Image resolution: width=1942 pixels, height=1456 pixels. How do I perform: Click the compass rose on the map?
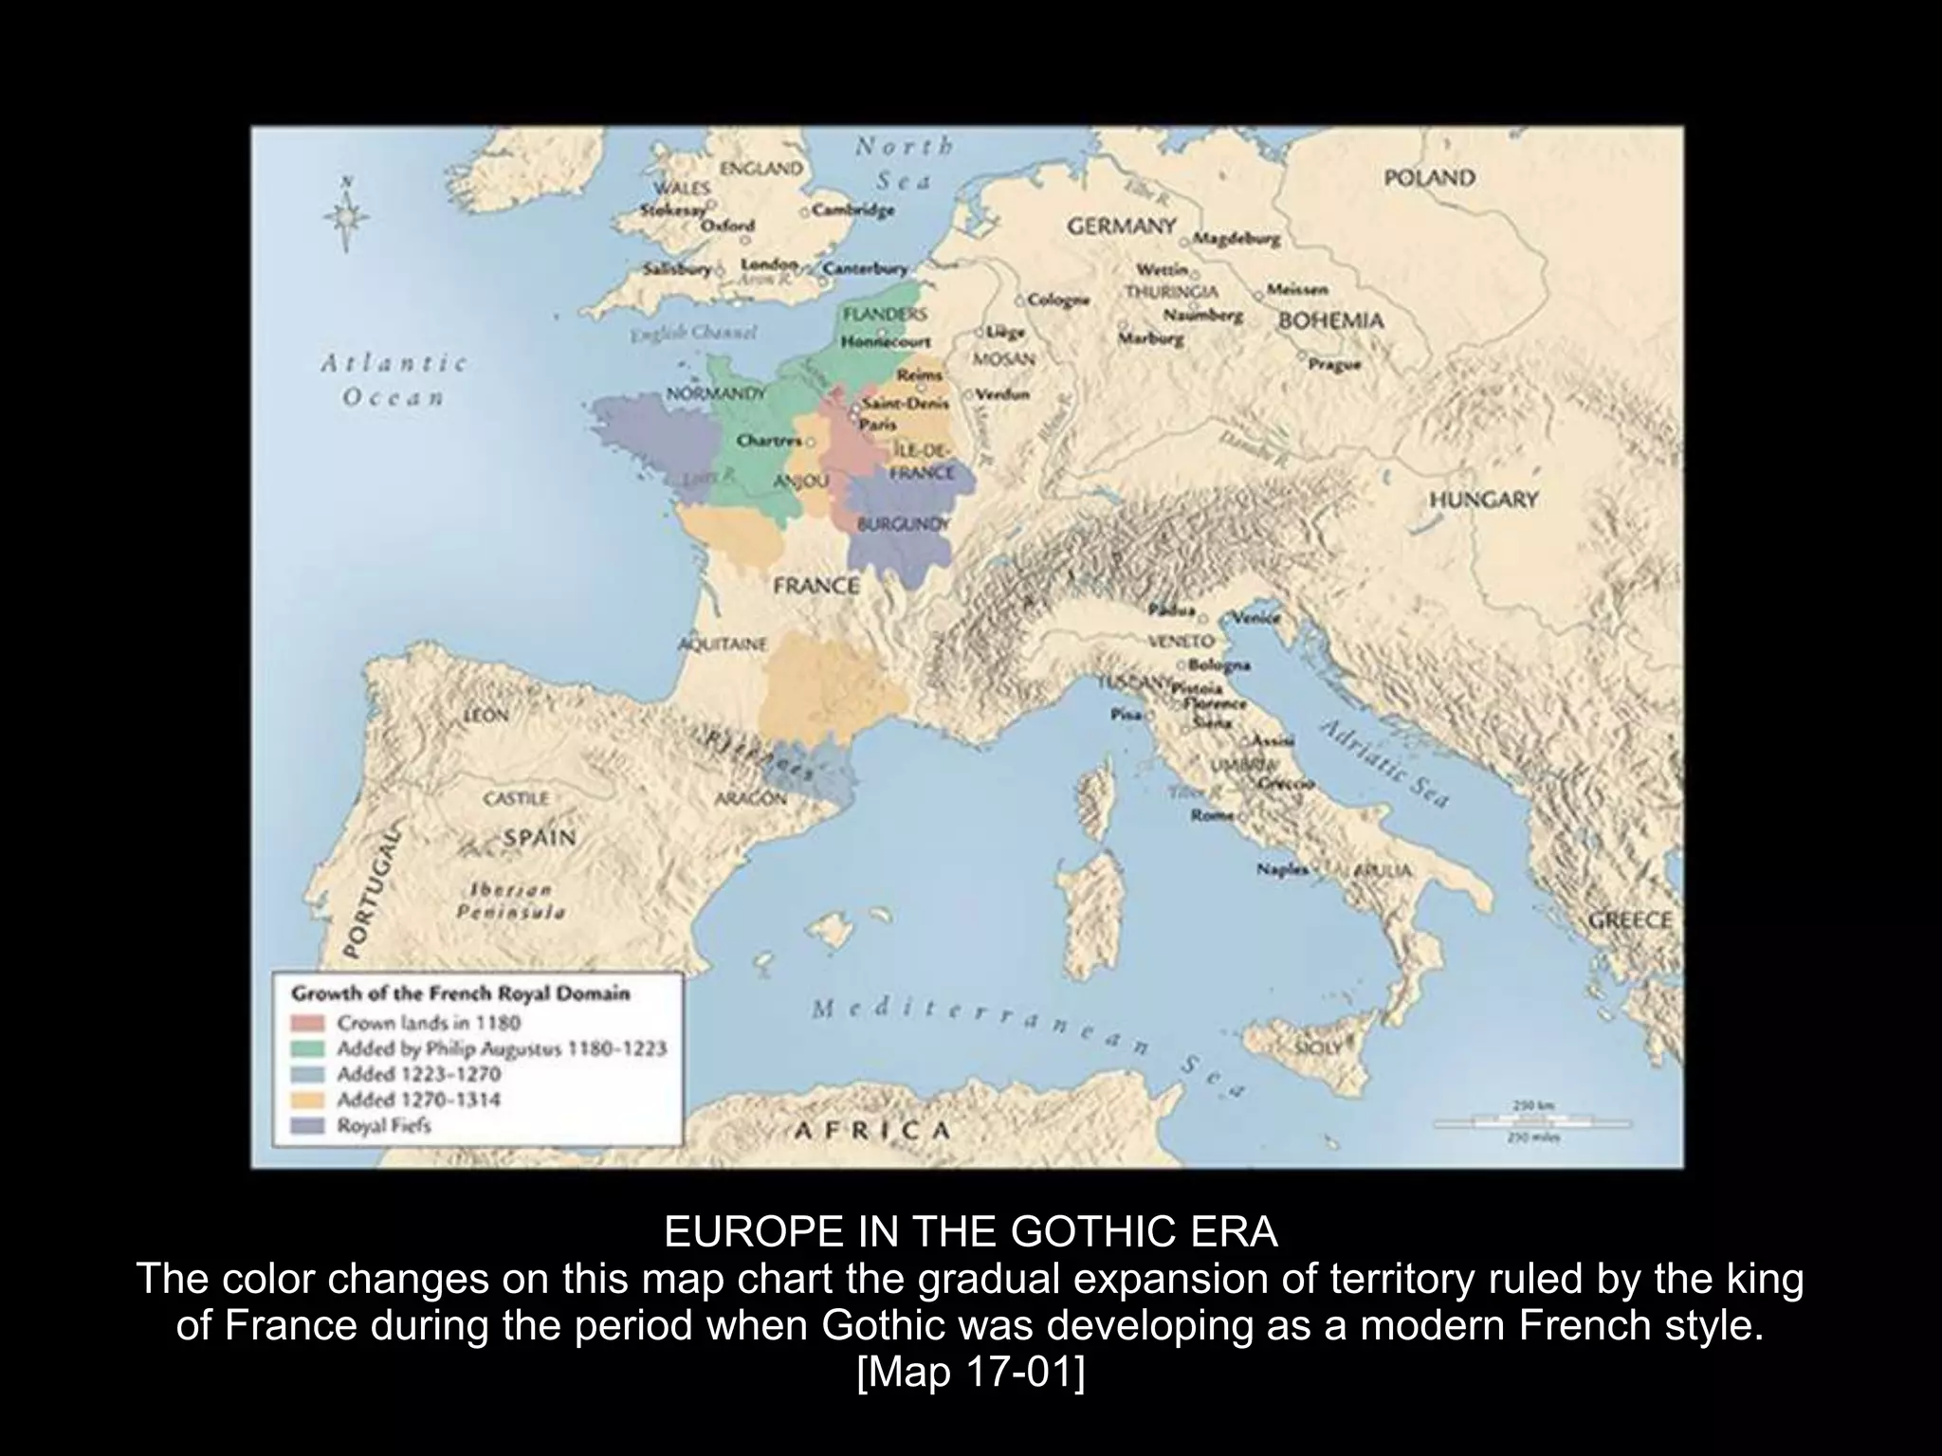click(x=346, y=215)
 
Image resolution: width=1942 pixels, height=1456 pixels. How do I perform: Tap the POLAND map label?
click(x=1429, y=178)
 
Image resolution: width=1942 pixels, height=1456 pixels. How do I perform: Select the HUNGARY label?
click(x=1483, y=500)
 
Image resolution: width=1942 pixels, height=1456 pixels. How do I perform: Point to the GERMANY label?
click(x=1122, y=227)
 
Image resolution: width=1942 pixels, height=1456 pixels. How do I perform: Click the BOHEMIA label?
click(x=1330, y=320)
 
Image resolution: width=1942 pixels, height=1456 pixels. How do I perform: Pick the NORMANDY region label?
click(x=716, y=392)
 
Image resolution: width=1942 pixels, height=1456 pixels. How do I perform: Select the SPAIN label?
click(x=540, y=838)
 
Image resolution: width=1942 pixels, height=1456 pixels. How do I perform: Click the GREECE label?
click(x=1630, y=920)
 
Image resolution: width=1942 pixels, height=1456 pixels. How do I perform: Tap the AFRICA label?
click(x=871, y=1130)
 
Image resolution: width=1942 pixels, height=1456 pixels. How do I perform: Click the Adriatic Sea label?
click(x=1384, y=762)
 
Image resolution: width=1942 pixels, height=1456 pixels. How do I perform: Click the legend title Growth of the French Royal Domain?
click(x=460, y=994)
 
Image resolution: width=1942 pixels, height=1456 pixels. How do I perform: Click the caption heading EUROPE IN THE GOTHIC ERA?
click(x=970, y=1232)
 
